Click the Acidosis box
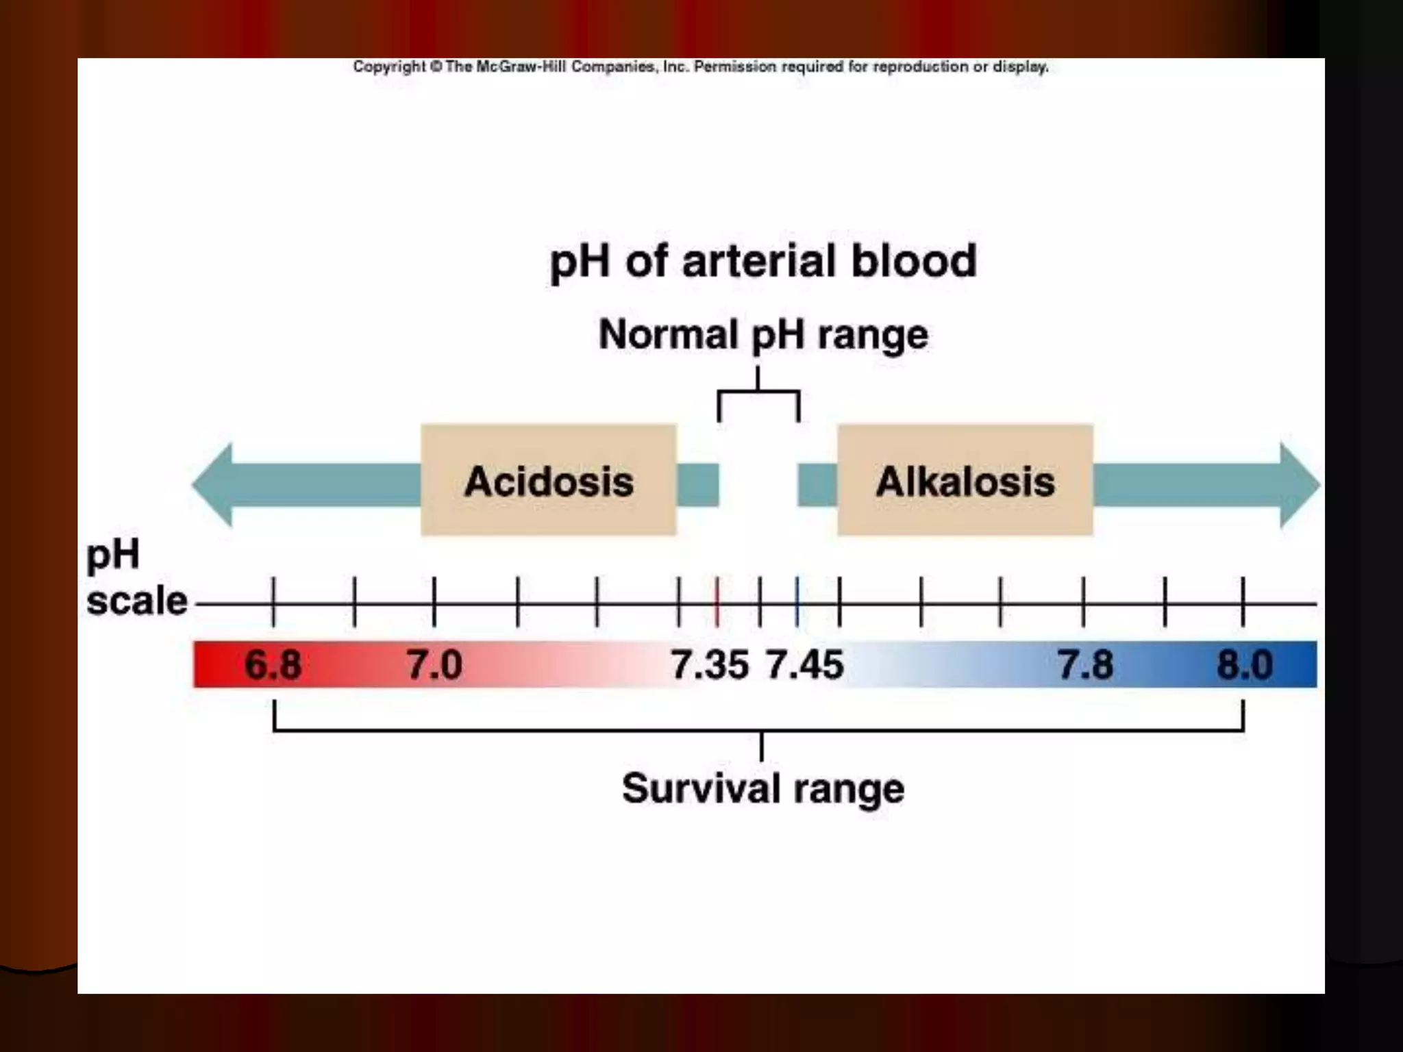point(548,480)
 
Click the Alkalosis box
point(965,480)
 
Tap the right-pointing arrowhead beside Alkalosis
point(1298,485)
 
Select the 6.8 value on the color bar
point(273,664)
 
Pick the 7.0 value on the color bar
point(434,664)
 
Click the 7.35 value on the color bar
point(709,664)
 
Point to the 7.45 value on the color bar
point(804,664)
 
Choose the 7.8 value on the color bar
point(1085,664)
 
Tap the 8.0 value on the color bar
point(1245,664)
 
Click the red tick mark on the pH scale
point(717,601)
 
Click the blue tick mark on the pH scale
point(797,601)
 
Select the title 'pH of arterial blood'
point(762,262)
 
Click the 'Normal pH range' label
point(762,335)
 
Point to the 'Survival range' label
point(762,788)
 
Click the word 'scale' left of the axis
point(136,601)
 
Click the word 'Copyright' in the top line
point(389,66)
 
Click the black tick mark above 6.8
point(273,601)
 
